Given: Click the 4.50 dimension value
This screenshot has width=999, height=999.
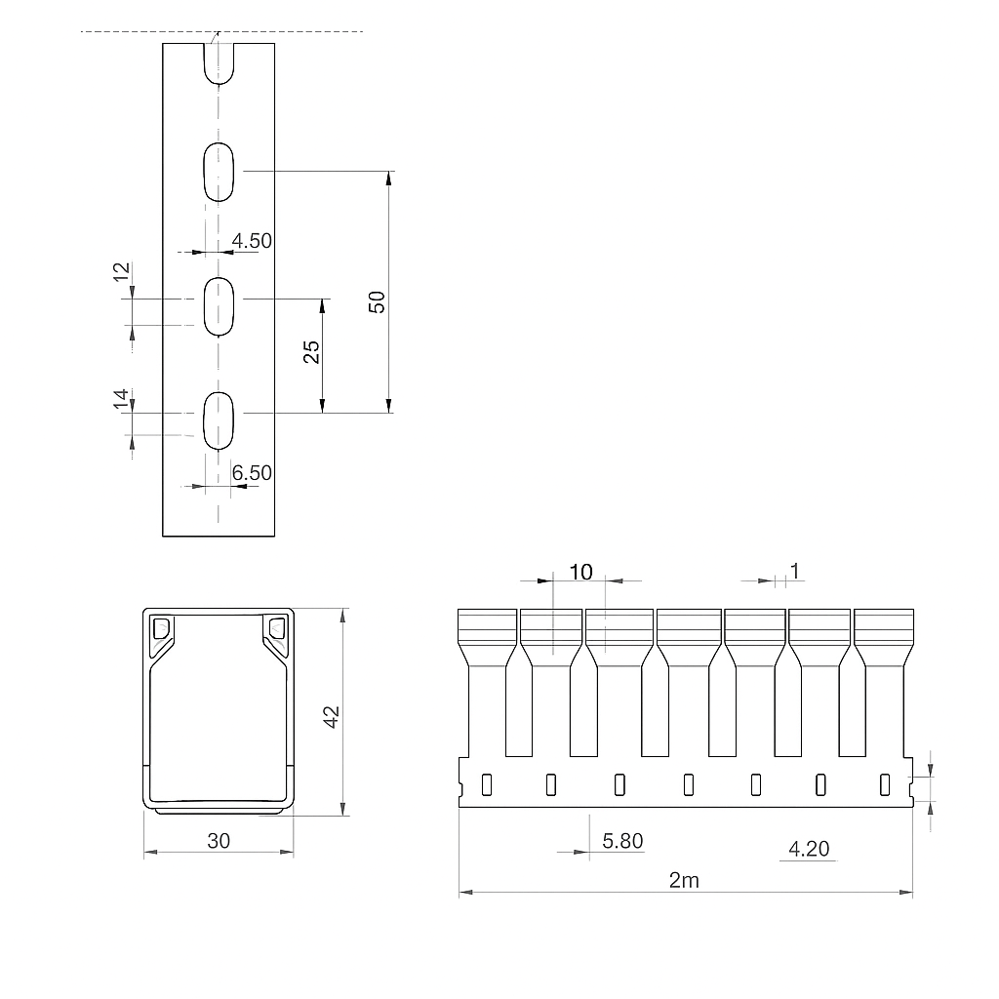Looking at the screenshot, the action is click(x=252, y=241).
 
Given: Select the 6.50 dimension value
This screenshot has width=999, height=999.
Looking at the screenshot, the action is click(x=252, y=473).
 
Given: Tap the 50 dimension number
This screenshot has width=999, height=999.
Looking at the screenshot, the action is click(x=378, y=302).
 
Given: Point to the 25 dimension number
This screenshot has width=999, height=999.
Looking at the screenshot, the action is click(x=311, y=351).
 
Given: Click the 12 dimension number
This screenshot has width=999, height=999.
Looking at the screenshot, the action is click(x=121, y=272).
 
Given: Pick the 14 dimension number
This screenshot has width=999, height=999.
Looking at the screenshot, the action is click(x=121, y=399).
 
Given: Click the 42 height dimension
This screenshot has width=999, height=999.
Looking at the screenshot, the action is click(x=332, y=717).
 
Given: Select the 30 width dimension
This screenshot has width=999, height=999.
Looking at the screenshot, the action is click(x=219, y=841).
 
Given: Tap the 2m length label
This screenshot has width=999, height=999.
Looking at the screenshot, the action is click(x=684, y=881).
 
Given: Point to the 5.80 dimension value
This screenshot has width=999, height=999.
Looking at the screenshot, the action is click(x=622, y=841).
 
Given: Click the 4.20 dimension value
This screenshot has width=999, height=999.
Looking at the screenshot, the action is click(x=809, y=849).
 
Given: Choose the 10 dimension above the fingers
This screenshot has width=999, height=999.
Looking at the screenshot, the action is click(x=580, y=572).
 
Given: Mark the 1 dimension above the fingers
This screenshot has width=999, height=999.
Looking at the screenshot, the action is click(x=794, y=571).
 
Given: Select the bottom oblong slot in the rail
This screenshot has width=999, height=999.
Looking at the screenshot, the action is click(x=219, y=420).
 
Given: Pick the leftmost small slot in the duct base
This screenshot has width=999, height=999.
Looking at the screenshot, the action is click(x=487, y=785).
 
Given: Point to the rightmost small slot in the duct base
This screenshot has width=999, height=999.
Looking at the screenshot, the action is click(x=884, y=785).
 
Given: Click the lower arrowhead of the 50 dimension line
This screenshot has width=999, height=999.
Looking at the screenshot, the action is click(x=388, y=406).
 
